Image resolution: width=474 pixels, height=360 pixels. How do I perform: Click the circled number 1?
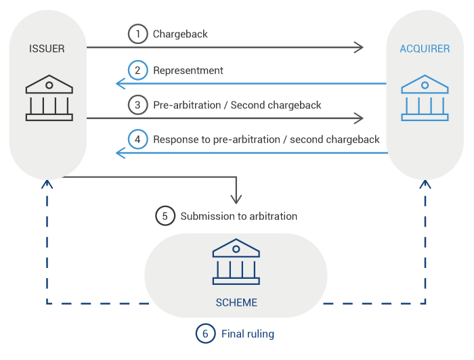click(x=137, y=34)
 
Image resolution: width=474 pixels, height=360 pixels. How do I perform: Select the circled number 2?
click(x=137, y=70)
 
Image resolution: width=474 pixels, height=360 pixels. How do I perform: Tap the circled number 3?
click(x=137, y=105)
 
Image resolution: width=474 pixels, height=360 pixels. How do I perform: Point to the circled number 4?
click(x=137, y=139)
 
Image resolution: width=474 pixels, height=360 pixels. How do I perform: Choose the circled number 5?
click(x=165, y=216)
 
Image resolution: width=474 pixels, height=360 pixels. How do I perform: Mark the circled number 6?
click(x=205, y=334)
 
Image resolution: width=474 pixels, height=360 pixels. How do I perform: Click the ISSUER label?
click(x=47, y=49)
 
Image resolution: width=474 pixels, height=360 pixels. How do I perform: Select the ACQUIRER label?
click(x=425, y=49)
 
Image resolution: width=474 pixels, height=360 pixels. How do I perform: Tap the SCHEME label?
click(x=236, y=302)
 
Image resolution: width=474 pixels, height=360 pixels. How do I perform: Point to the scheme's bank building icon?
click(x=236, y=263)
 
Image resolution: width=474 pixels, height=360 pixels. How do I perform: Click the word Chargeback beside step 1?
click(x=180, y=34)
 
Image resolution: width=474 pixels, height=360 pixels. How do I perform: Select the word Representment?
click(x=188, y=70)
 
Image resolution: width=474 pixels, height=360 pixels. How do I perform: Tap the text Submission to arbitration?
click(x=238, y=216)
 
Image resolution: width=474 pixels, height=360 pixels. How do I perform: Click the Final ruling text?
click(x=247, y=334)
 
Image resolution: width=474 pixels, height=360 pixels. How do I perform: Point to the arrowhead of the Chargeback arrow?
click(x=360, y=47)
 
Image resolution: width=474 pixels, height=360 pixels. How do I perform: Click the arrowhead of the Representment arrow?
click(x=120, y=83)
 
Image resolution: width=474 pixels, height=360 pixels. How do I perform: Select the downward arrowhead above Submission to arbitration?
click(x=236, y=200)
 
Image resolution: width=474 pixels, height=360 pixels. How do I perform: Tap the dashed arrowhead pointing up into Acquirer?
click(x=425, y=184)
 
